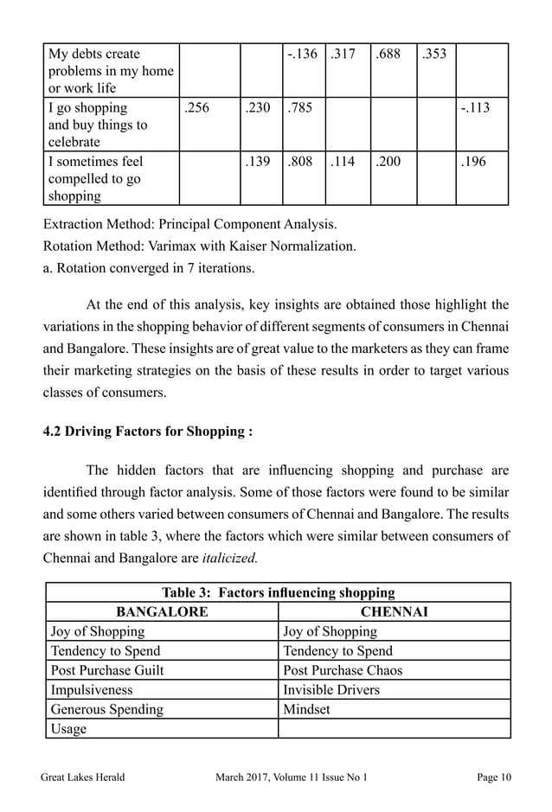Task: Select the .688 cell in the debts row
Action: (x=388, y=54)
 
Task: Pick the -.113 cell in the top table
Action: (x=474, y=108)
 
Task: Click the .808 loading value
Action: (x=300, y=162)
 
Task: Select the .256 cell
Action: (x=196, y=108)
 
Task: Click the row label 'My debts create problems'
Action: (x=111, y=72)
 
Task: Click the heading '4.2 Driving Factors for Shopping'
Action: (x=148, y=431)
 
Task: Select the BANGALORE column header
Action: (x=162, y=612)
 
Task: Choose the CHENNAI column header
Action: (x=395, y=612)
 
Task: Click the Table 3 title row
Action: (x=278, y=593)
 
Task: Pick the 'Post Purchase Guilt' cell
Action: (x=107, y=670)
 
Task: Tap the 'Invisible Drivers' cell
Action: (x=331, y=689)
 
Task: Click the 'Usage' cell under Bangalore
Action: (x=69, y=728)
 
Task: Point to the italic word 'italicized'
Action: (x=229, y=558)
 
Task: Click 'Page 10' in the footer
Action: (x=494, y=777)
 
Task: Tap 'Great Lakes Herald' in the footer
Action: (x=83, y=777)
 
